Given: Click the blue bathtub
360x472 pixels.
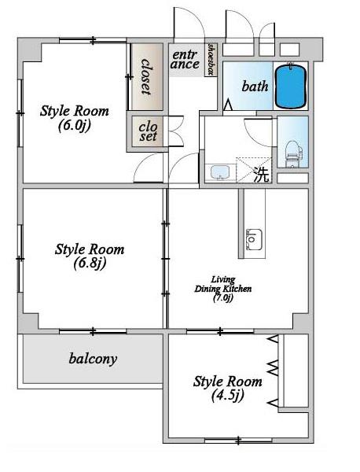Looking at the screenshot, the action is [291, 86].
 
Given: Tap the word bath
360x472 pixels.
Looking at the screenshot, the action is [255, 87].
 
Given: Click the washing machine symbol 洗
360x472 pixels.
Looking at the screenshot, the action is [261, 175].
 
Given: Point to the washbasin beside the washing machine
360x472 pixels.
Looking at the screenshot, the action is [220, 172].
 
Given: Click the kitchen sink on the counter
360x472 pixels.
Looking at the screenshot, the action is [254, 239].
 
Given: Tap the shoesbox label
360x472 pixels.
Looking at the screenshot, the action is [211, 59].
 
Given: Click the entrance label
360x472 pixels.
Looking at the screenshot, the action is [185, 60].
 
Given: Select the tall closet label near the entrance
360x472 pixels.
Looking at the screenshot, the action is [146, 77].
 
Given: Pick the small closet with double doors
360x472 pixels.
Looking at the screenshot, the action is [148, 132].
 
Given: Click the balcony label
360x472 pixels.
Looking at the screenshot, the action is [93, 359].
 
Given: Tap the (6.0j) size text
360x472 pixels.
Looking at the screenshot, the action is [75, 126].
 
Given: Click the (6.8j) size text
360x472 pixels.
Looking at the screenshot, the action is [90, 264].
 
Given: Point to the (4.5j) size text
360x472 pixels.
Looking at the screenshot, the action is [227, 396].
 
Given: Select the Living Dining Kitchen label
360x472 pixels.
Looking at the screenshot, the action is [223, 284].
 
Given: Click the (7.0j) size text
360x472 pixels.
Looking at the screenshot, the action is [223, 298].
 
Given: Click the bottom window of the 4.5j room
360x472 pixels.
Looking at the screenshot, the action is [238, 441].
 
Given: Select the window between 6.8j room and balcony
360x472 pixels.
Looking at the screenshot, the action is [93, 331].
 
